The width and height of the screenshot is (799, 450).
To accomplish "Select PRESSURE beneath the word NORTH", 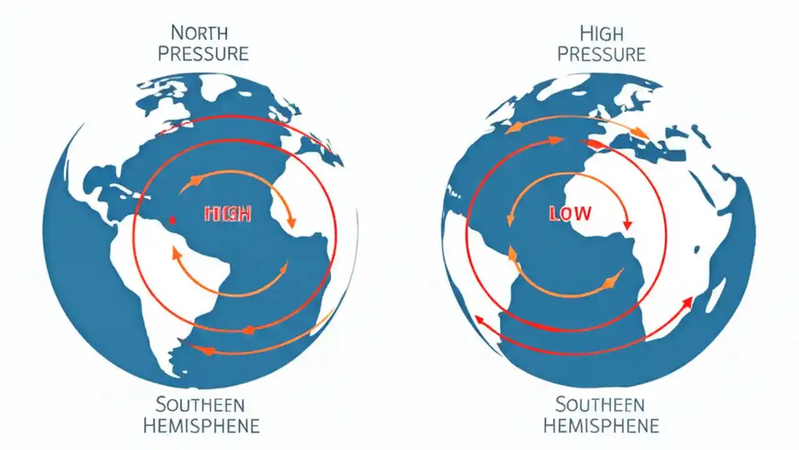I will point(203,53).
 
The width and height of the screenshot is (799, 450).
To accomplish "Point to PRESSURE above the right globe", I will point(601,53).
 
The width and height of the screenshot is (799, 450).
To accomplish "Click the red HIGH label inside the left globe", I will point(228,215).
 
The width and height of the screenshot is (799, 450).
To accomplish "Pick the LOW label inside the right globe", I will point(569,214).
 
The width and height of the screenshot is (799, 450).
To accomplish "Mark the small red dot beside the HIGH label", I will point(172,220).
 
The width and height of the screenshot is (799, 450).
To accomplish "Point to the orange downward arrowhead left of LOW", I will point(511,221).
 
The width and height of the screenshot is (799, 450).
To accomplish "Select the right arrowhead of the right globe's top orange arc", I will point(643,133).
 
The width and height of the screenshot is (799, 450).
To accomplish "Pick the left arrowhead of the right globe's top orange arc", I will point(510,130).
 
